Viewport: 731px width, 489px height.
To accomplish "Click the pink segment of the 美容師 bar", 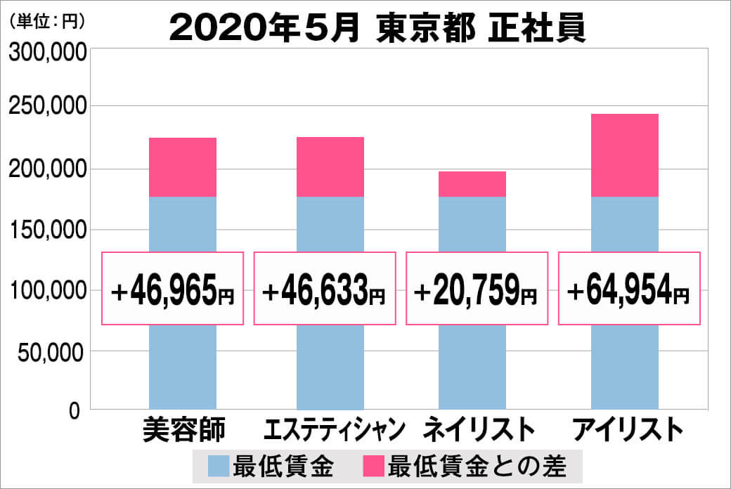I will click(x=183, y=167).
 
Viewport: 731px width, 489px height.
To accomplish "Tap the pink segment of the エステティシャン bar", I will click(x=330, y=167).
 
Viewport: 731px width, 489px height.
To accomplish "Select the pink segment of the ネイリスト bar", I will click(x=472, y=184).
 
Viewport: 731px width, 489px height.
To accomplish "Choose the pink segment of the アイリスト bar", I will click(x=625, y=155).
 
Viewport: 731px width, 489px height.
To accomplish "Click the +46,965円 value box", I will click(x=173, y=289).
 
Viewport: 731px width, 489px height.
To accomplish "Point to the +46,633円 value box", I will click(x=325, y=289).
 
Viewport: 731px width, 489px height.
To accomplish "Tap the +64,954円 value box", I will click(x=629, y=289).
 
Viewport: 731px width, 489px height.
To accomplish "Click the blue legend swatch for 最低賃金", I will click(x=219, y=465).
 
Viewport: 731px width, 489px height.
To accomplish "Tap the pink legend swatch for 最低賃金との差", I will click(x=373, y=465).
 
